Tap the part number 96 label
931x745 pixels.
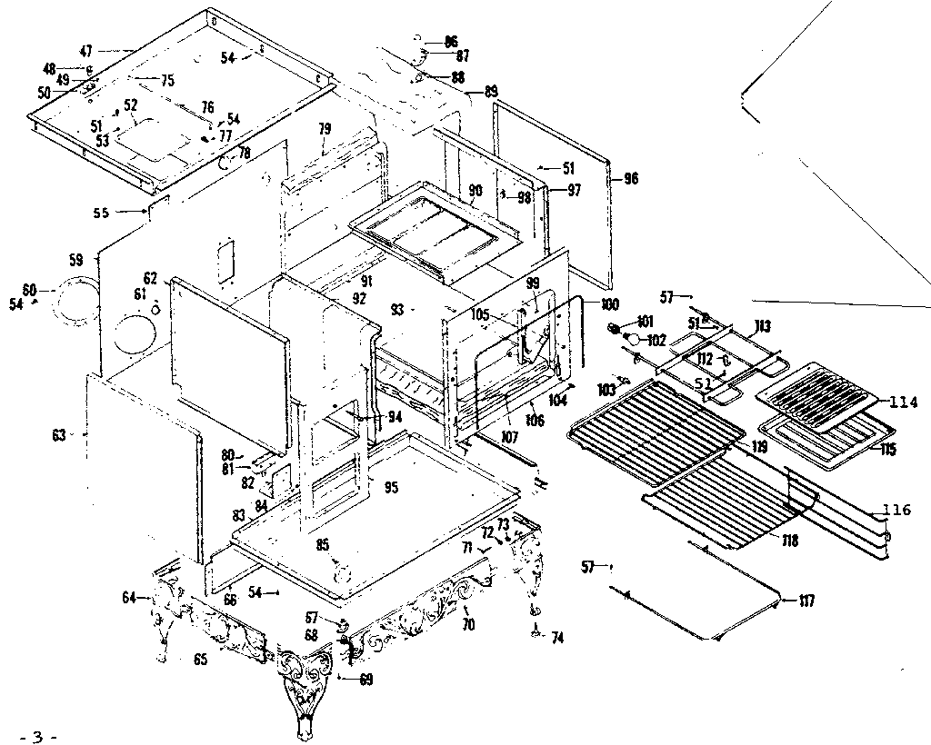click(631, 179)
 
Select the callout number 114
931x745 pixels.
click(904, 402)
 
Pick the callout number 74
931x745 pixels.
click(556, 639)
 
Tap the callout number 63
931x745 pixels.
click(59, 435)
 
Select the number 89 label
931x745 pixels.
click(491, 92)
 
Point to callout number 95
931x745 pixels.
click(391, 488)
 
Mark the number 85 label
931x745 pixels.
click(322, 545)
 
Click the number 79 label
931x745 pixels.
click(325, 129)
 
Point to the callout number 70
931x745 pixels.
click(469, 625)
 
